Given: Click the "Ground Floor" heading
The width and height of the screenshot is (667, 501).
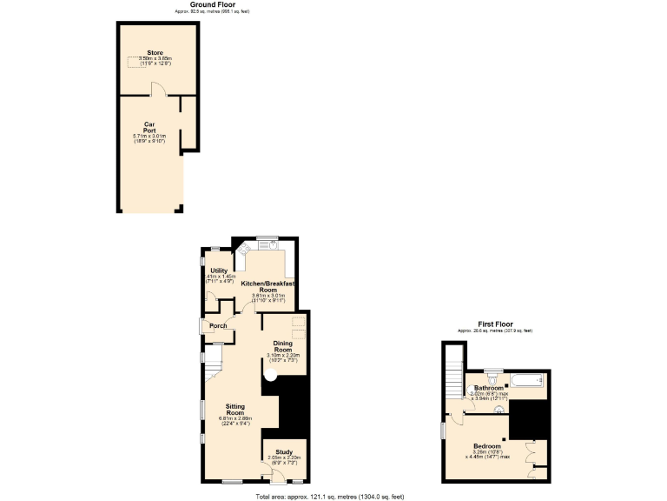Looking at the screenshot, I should (x=201, y=4).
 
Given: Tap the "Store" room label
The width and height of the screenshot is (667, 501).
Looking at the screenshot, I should (x=155, y=53).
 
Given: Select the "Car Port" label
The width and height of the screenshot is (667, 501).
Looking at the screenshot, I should (x=150, y=127).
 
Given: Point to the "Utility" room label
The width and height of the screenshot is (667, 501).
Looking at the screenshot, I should (x=219, y=271).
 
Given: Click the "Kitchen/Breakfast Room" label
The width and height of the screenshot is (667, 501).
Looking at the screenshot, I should (x=267, y=286).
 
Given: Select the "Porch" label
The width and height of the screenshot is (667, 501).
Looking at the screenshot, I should (x=218, y=326).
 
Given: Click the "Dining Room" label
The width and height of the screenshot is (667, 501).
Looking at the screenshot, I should (x=283, y=346).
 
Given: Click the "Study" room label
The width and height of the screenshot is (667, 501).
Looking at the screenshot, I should (x=284, y=451).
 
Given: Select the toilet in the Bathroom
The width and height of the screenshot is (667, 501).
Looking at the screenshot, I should (x=492, y=379).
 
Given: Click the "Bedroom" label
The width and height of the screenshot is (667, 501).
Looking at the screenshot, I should (x=487, y=446).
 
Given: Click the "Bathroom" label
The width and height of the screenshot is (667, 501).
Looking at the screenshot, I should (x=488, y=388).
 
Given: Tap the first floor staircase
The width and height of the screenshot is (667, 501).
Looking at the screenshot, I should (x=452, y=369).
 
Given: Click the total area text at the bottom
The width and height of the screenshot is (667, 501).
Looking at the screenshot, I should (x=330, y=496).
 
